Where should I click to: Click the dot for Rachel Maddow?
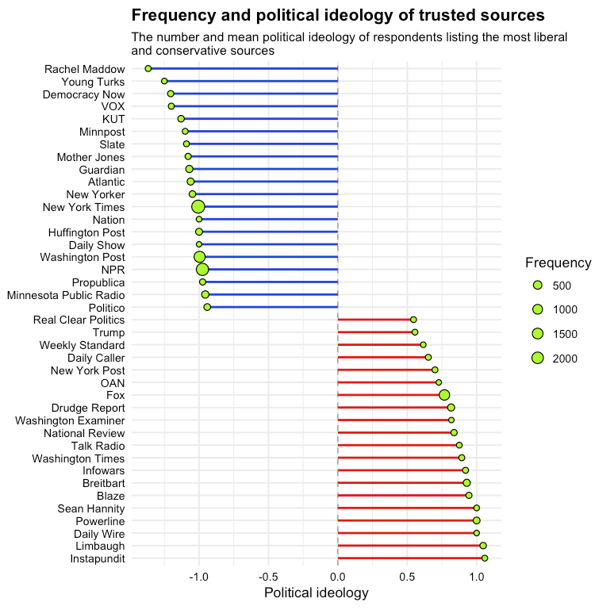click(x=148, y=69)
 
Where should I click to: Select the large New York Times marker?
click(x=198, y=207)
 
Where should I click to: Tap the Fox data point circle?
click(x=444, y=395)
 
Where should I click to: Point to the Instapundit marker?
click(x=485, y=558)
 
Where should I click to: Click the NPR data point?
click(x=202, y=270)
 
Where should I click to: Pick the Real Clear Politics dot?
click(x=413, y=320)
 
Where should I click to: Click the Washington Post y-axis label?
click(x=82, y=257)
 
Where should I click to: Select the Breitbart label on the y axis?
click(x=103, y=483)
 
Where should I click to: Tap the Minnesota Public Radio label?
click(x=65, y=295)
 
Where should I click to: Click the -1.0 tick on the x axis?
click(x=198, y=576)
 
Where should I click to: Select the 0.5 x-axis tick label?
click(x=407, y=576)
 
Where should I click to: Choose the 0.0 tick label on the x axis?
click(x=338, y=576)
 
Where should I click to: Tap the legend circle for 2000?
click(x=537, y=359)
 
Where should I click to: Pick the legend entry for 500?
click(x=537, y=285)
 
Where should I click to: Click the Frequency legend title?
click(x=558, y=263)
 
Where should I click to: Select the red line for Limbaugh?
click(x=409, y=546)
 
